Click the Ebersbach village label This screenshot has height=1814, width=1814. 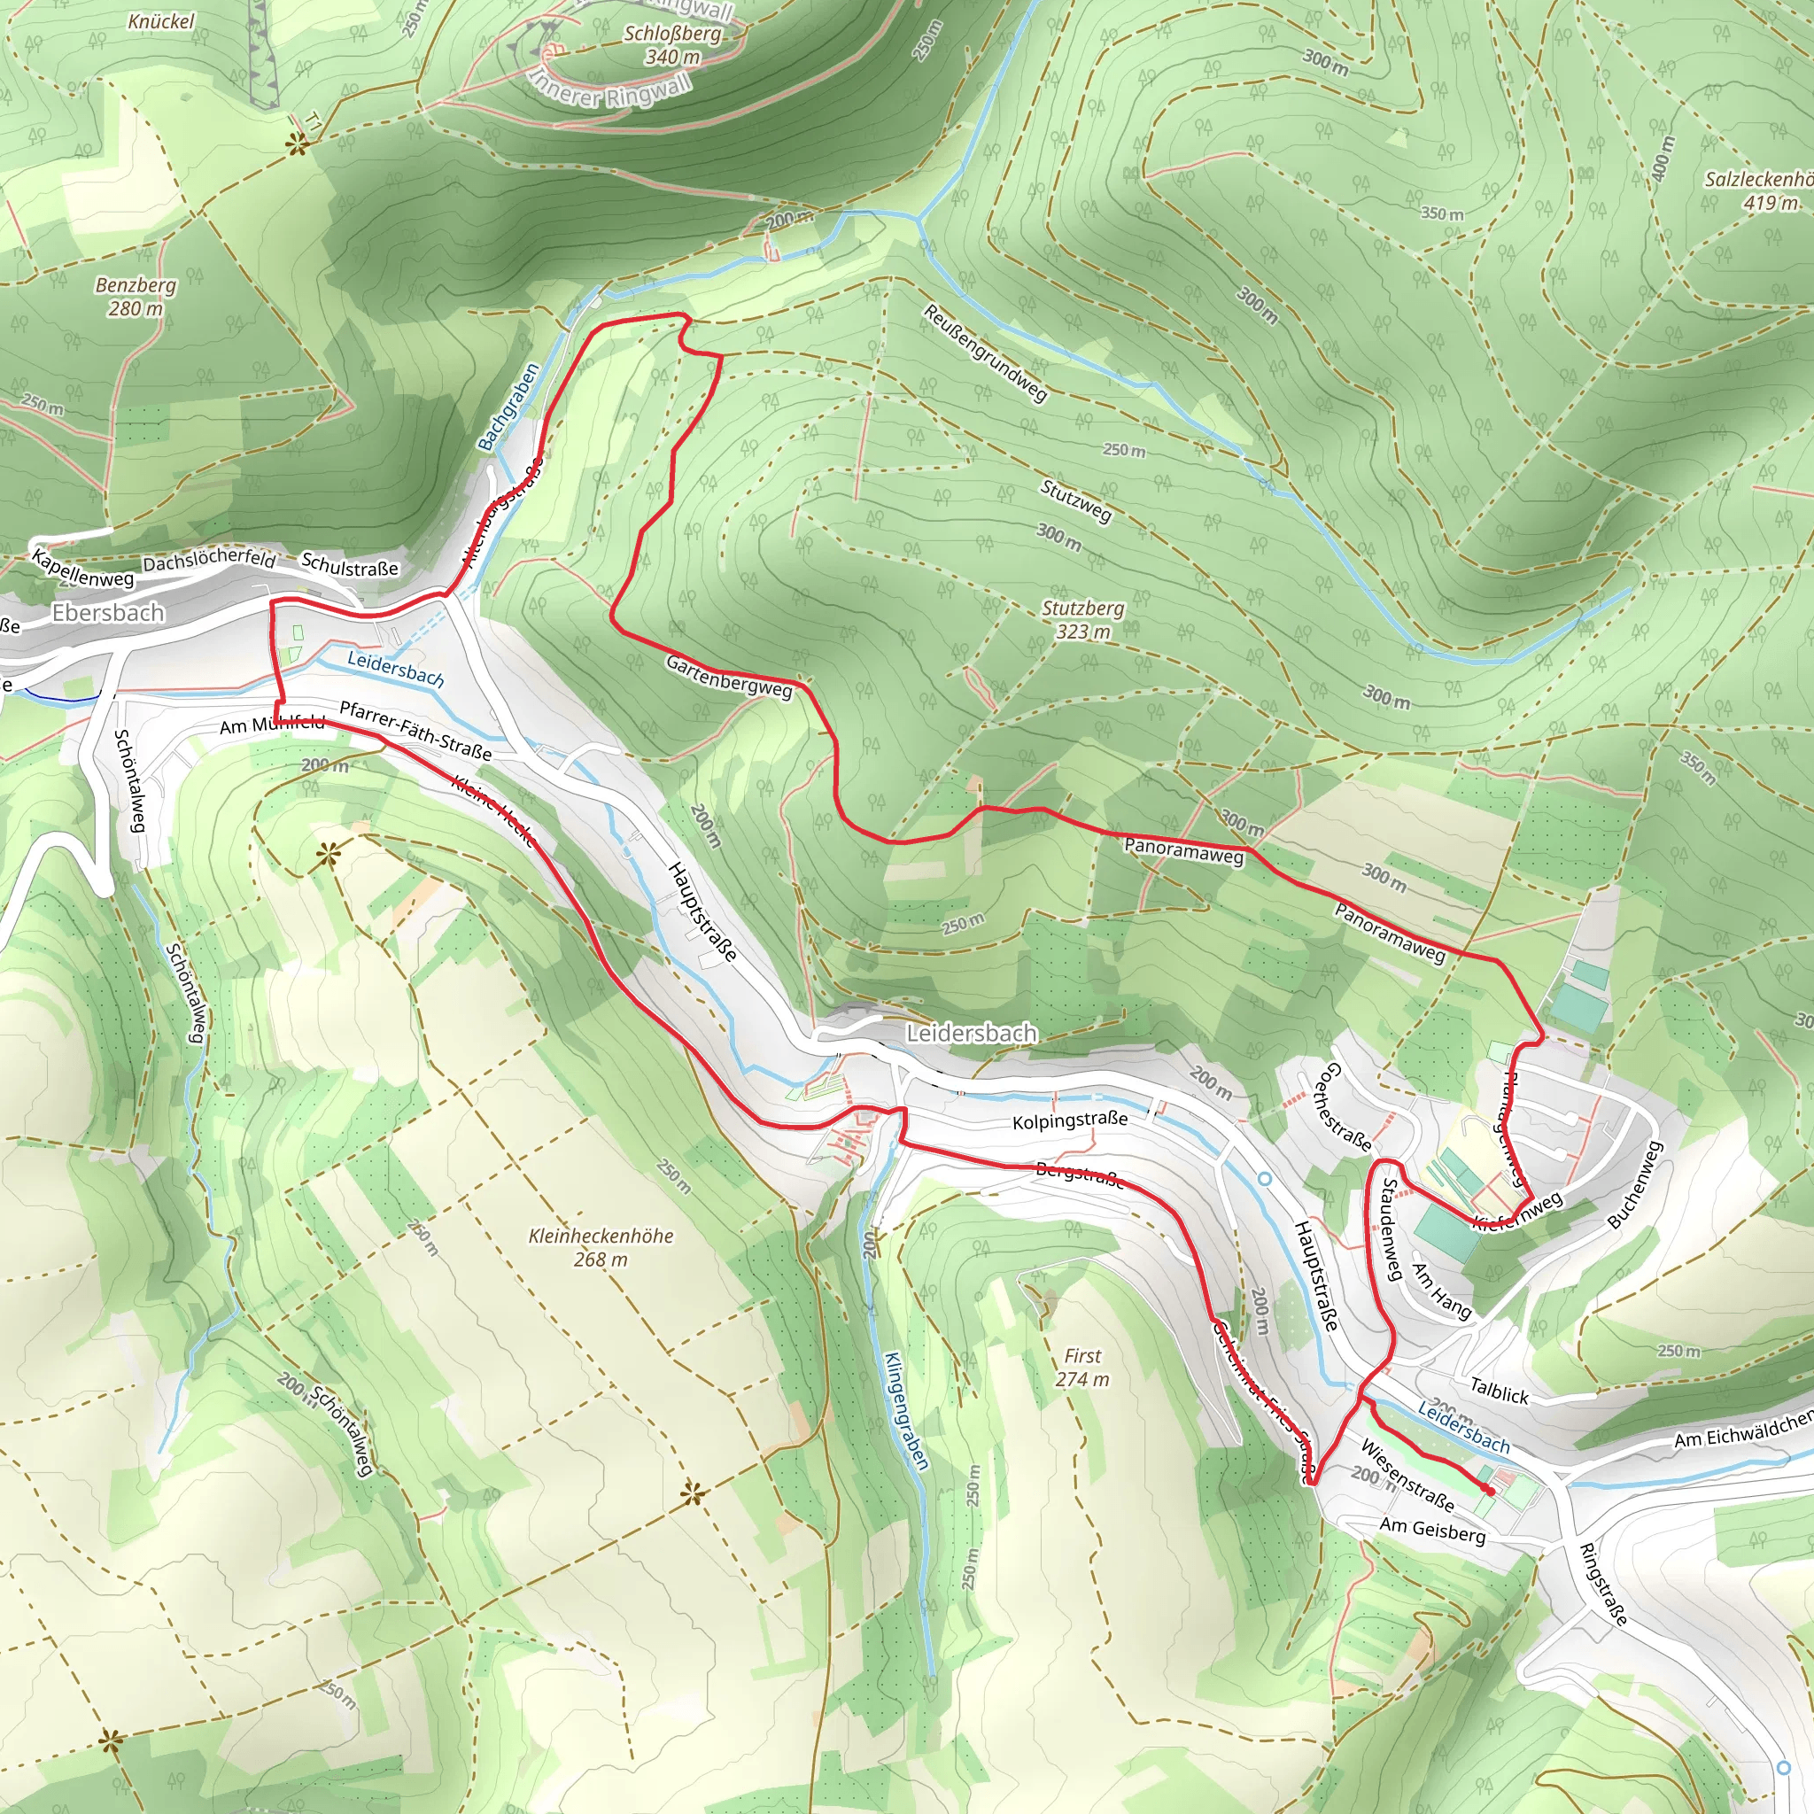(108, 613)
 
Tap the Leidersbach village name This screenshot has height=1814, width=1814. (971, 1033)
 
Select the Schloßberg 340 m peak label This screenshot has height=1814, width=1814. (673, 45)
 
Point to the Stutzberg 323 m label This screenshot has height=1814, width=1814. (1082, 620)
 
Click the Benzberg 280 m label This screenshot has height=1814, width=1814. (136, 296)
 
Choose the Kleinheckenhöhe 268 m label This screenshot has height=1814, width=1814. (601, 1247)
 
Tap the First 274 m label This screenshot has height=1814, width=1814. (1081, 1367)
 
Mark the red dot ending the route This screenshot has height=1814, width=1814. (1490, 1490)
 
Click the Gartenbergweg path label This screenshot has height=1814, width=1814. (729, 676)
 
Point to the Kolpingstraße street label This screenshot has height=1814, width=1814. (1069, 1120)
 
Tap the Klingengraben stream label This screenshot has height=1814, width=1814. (906, 1410)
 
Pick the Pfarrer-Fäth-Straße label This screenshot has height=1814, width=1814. (415, 731)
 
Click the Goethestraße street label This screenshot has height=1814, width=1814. (1345, 1108)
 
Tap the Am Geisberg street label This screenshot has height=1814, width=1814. (1432, 1531)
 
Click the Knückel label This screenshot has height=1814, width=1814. (161, 20)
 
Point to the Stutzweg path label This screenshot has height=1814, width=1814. (1075, 500)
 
